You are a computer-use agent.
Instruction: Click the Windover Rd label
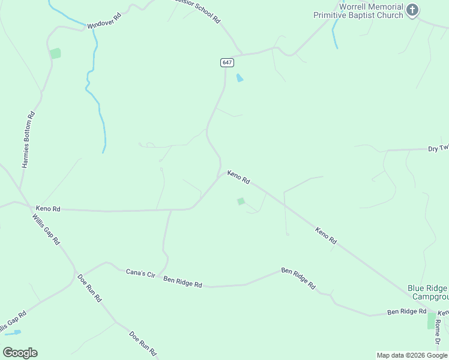click(x=104, y=22)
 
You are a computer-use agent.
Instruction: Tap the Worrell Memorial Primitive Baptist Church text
click(x=358, y=11)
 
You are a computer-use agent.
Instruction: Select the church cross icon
click(x=412, y=10)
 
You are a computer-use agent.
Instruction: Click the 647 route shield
click(x=226, y=62)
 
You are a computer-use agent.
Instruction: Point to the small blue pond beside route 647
click(x=240, y=78)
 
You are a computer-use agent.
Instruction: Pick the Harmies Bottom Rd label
click(x=28, y=139)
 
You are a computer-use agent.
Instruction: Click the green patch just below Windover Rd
click(x=55, y=53)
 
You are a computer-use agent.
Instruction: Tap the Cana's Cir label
click(x=140, y=273)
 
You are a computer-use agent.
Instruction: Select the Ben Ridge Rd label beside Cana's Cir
click(x=182, y=281)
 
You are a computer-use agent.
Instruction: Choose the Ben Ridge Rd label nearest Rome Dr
click(x=406, y=311)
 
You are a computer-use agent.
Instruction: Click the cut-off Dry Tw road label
click(x=438, y=148)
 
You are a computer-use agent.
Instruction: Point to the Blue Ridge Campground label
click(x=428, y=292)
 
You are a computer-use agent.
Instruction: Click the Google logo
click(x=20, y=353)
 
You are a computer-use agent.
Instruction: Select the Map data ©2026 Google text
click(x=412, y=355)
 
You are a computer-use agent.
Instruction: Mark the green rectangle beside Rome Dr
click(x=431, y=320)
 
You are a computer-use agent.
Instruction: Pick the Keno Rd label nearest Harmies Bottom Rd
click(x=48, y=209)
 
